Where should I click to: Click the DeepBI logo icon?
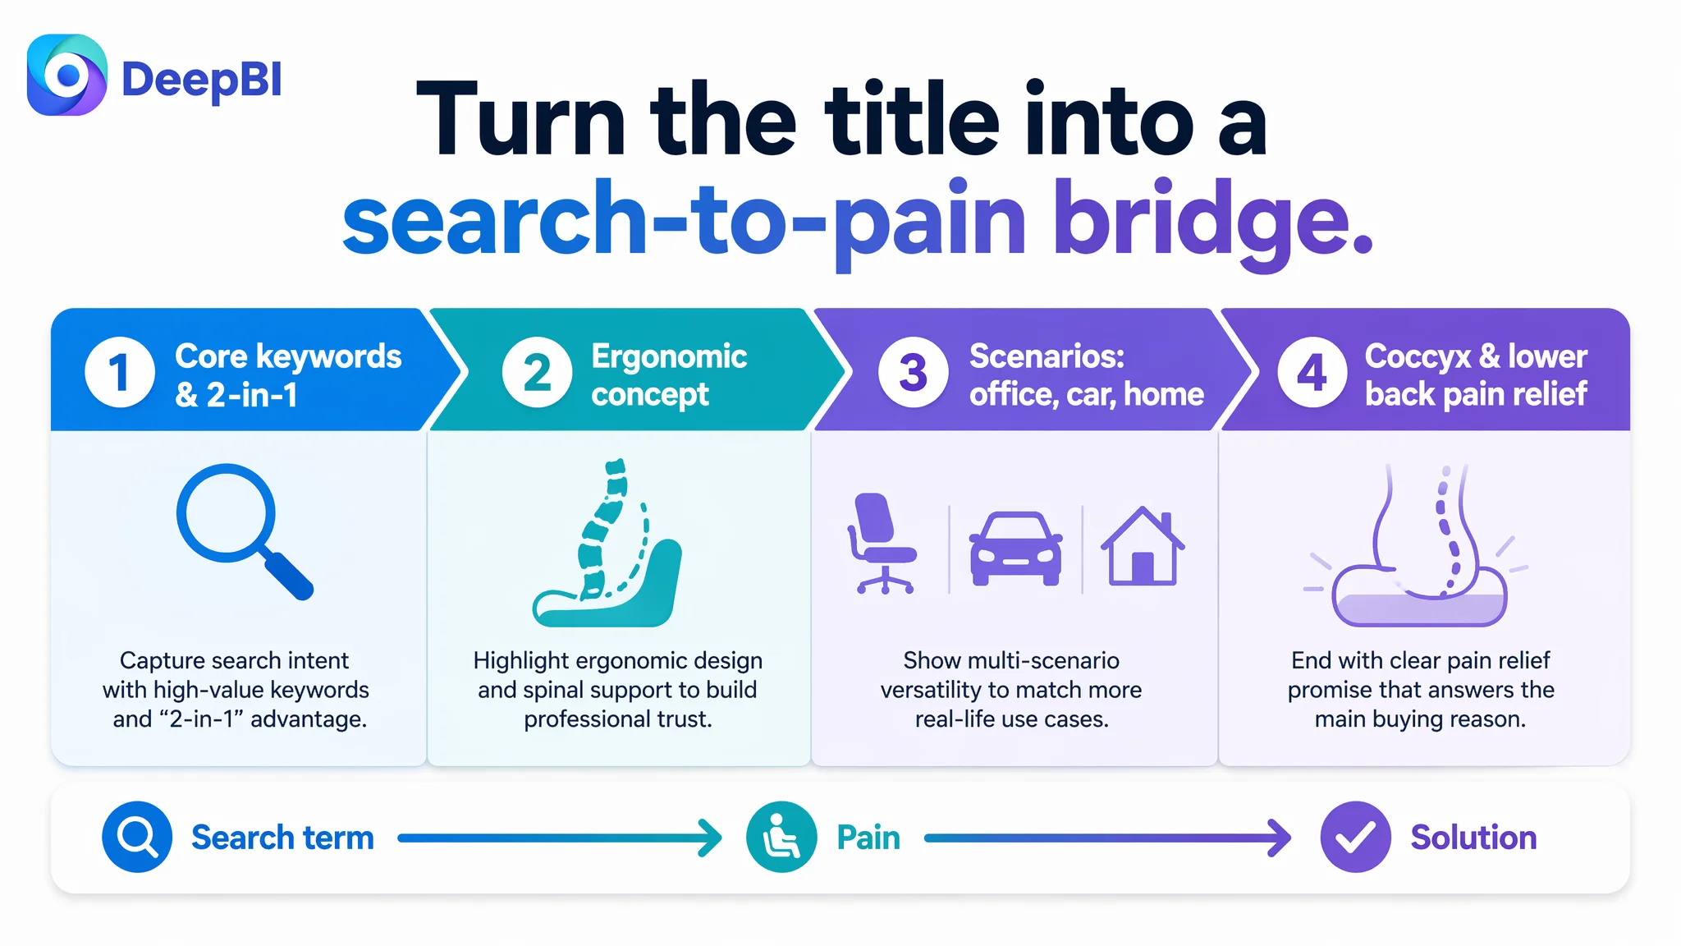coord(67,75)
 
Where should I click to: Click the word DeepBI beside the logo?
coord(202,80)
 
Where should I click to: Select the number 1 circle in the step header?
coord(120,372)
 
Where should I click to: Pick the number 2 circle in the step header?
coord(537,372)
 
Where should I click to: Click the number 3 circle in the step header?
coord(913,372)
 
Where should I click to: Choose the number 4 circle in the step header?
coord(1312,372)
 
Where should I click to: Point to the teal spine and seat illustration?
coord(607,543)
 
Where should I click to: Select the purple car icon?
coord(1016,549)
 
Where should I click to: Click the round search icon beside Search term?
coord(137,837)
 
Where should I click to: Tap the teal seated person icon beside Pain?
coord(781,837)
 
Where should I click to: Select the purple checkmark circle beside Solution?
coord(1355,837)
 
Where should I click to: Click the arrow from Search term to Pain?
coord(560,838)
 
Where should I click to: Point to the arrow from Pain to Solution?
coord(1107,838)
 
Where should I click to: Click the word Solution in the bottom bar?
coord(1473,838)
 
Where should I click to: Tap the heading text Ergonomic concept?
coord(669,375)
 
